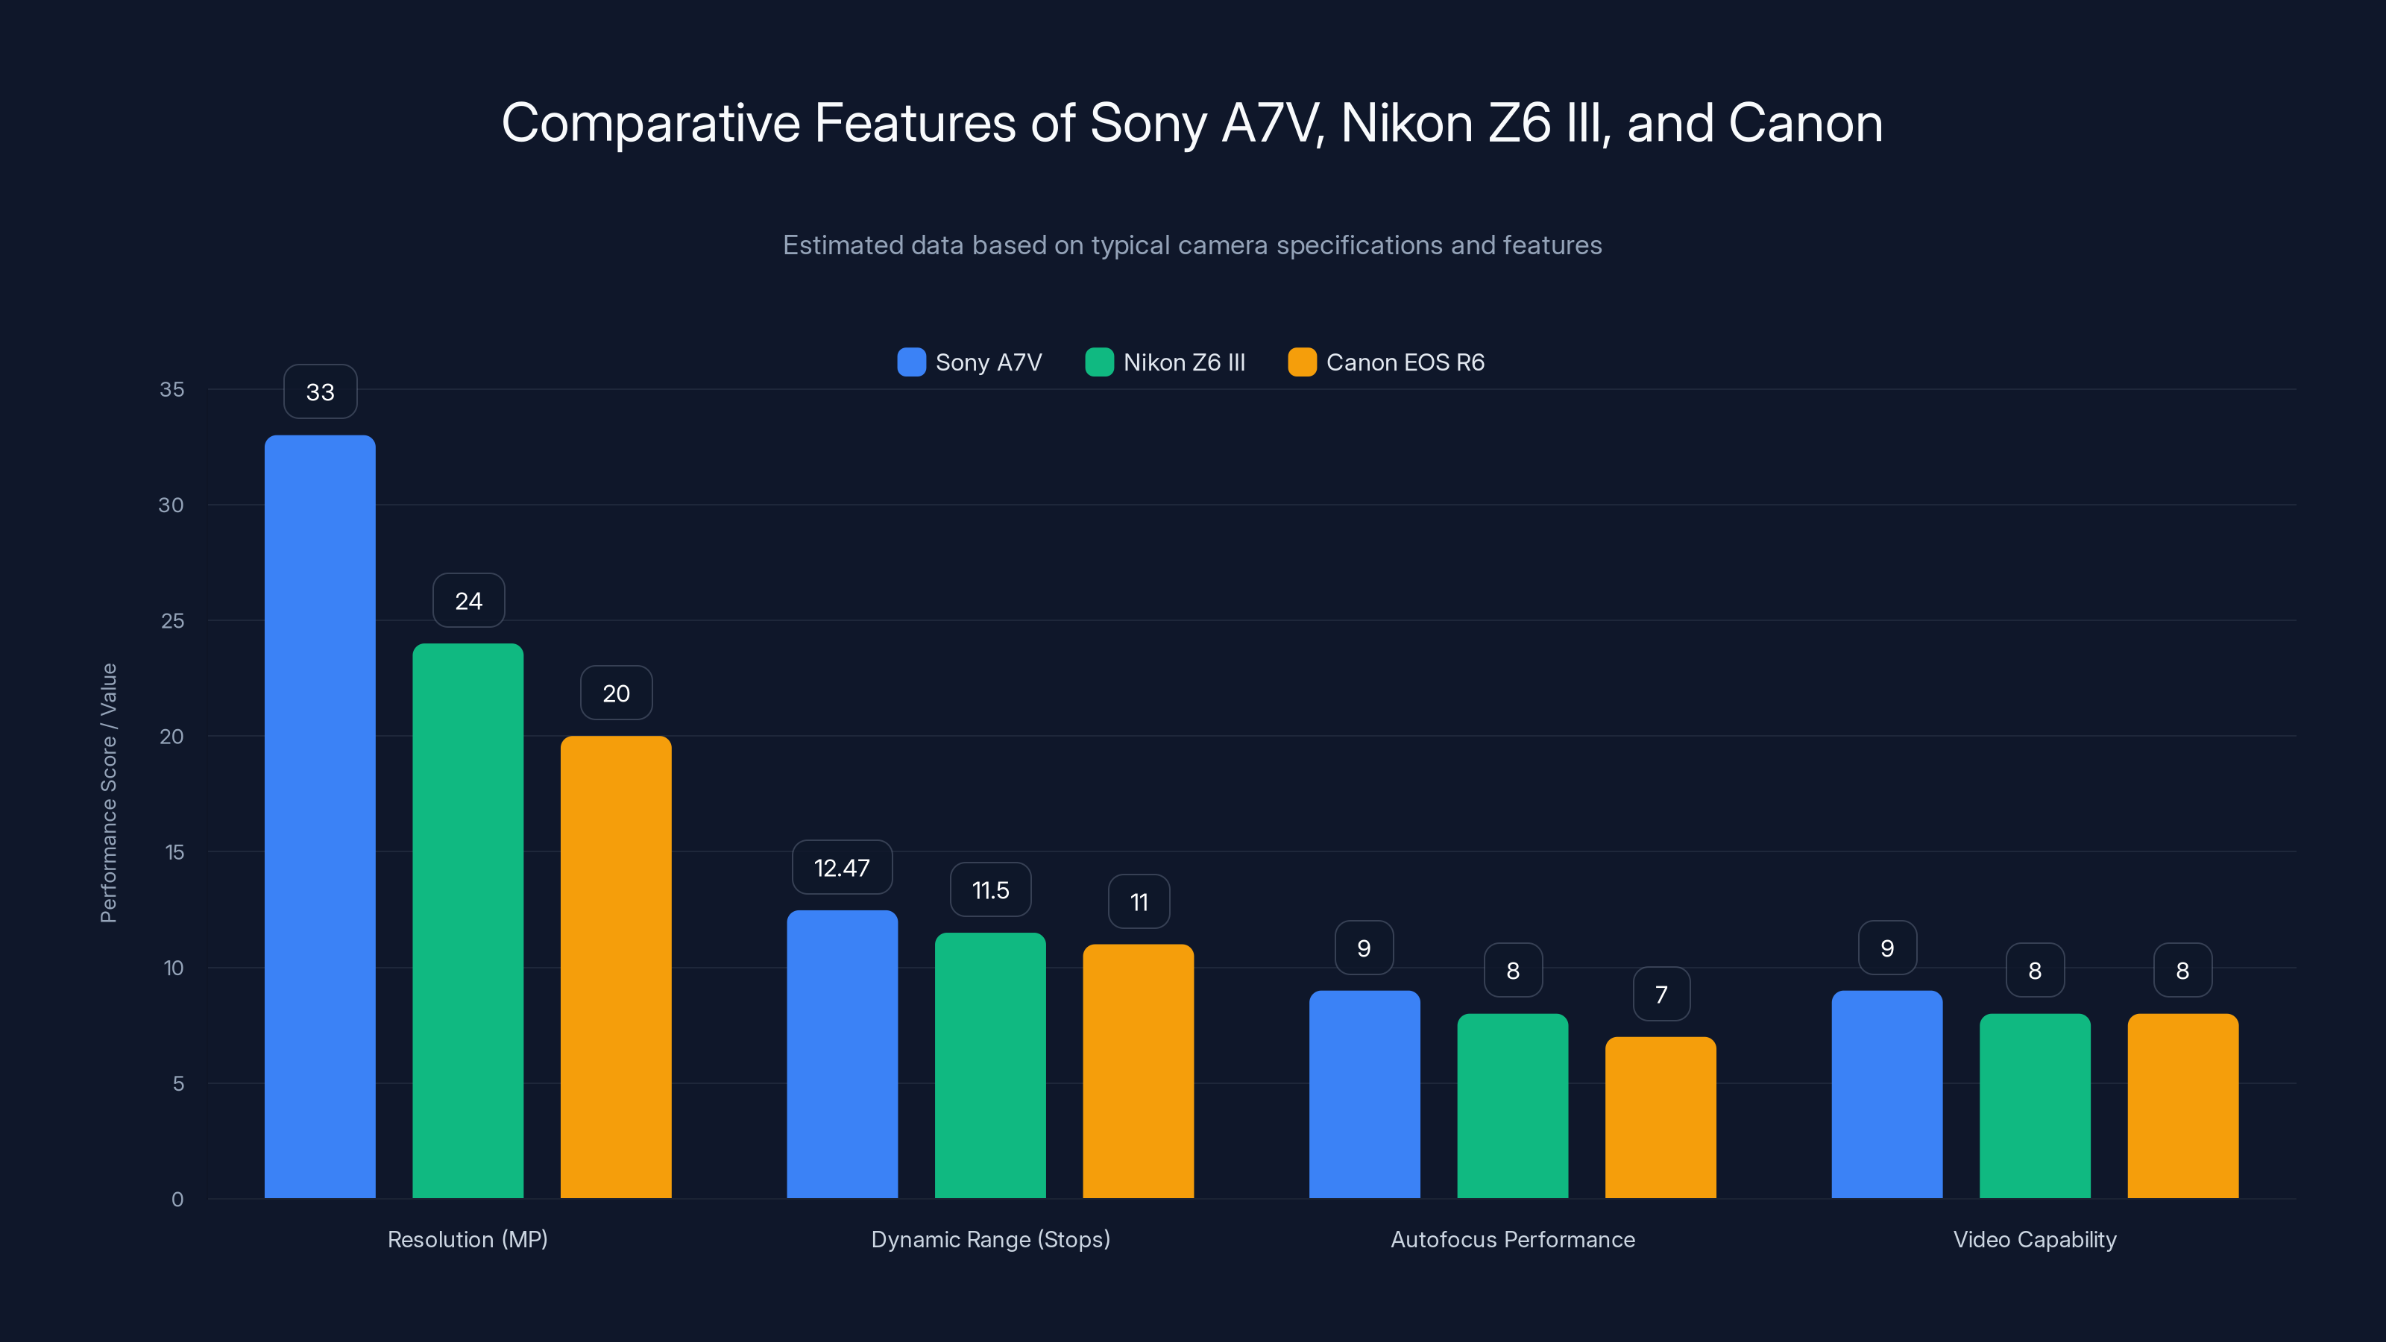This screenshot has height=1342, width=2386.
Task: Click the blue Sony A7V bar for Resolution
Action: point(320,815)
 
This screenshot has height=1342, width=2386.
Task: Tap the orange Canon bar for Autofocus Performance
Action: point(1660,1117)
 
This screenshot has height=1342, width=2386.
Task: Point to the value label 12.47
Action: point(842,868)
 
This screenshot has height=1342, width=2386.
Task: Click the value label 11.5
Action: point(990,890)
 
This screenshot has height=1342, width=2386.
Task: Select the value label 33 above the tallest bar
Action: point(321,391)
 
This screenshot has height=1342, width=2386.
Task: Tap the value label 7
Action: point(1661,994)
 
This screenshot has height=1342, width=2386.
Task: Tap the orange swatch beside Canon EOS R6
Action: point(1301,362)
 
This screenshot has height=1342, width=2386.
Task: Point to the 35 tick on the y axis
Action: point(171,389)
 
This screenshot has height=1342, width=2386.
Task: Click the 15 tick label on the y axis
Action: point(174,852)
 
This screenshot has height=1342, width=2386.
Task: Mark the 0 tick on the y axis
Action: point(177,1200)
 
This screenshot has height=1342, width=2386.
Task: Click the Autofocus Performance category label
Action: point(1513,1239)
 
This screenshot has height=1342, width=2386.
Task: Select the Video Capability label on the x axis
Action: point(2034,1239)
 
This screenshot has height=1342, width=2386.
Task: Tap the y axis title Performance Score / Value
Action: point(108,793)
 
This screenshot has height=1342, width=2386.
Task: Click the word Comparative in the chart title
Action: point(650,123)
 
